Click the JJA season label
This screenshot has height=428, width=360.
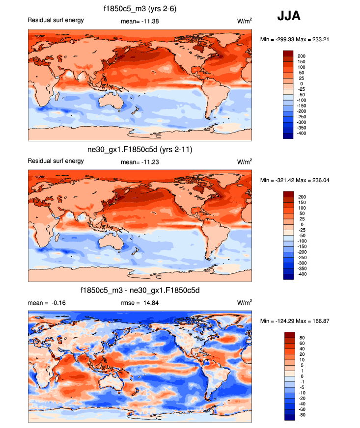[289, 16]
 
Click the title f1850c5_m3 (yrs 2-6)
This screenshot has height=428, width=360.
[140, 8]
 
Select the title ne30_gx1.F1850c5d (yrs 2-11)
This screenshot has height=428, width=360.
[139, 149]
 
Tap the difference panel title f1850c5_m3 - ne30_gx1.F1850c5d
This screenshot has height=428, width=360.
[139, 291]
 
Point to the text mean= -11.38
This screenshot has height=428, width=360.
[139, 21]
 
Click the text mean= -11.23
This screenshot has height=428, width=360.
[139, 161]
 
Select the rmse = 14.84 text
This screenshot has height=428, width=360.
[139, 302]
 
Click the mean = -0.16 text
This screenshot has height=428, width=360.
[47, 302]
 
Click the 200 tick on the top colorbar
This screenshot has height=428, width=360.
[302, 56]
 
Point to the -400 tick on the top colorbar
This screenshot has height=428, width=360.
[302, 133]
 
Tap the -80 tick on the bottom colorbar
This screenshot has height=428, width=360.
[302, 415]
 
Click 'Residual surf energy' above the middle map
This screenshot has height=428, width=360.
[55, 161]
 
